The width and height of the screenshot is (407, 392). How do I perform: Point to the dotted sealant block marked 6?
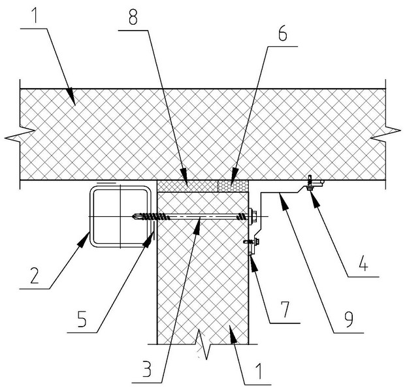click(x=233, y=186)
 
